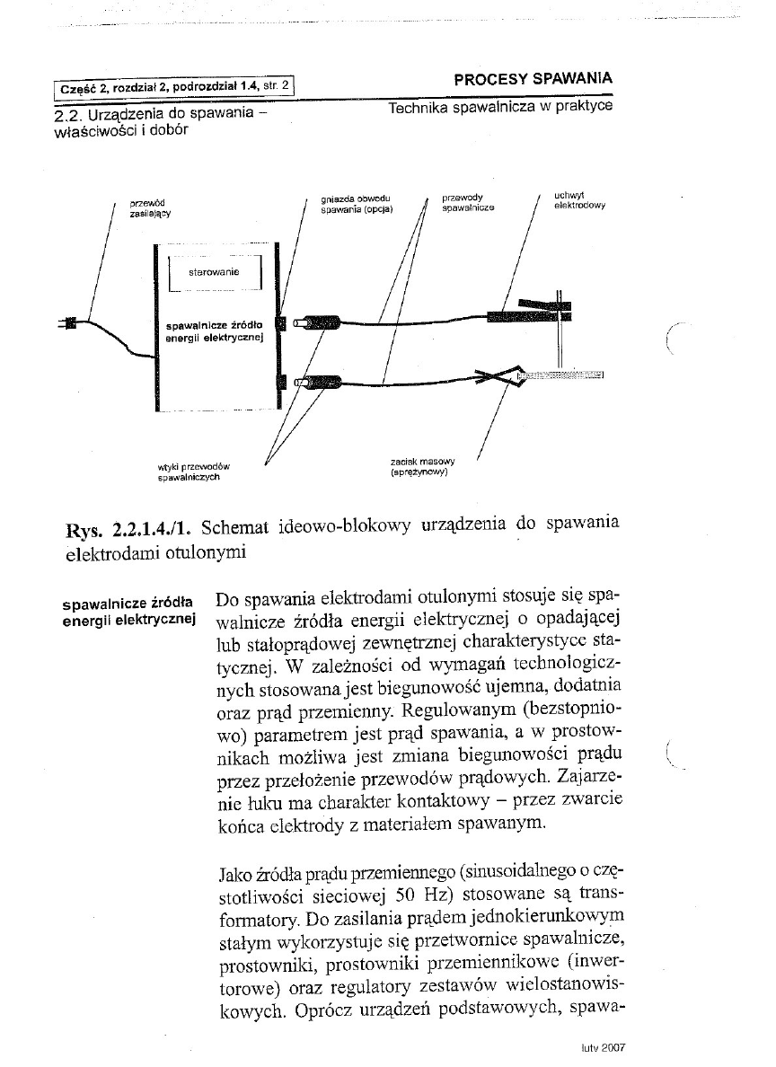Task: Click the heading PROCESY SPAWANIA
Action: click(x=533, y=78)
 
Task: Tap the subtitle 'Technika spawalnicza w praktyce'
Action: click(x=501, y=108)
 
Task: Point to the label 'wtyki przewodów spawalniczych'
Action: click(x=194, y=472)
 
